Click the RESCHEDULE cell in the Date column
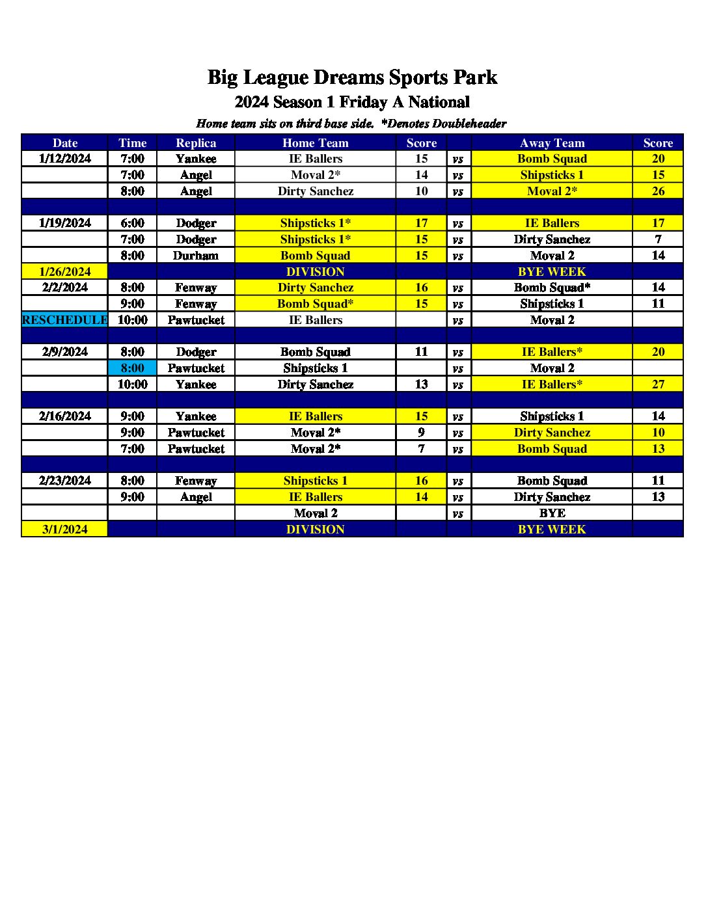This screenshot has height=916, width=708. [64, 320]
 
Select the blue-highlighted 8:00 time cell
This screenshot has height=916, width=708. [132, 368]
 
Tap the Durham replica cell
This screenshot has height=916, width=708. [196, 256]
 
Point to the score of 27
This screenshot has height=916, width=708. [658, 384]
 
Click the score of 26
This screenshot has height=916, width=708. [658, 191]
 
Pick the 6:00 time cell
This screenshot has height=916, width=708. [132, 223]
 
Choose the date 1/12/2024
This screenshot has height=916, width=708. [64, 159]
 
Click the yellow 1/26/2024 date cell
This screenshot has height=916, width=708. [64, 272]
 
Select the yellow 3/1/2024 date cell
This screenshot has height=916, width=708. [64, 530]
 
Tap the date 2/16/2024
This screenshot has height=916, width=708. [64, 416]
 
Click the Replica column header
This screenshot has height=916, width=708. [196, 143]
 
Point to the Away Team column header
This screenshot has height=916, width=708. [552, 143]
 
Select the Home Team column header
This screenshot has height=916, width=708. [315, 143]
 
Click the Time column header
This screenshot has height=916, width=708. [132, 143]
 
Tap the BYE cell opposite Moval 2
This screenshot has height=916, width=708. [552, 513]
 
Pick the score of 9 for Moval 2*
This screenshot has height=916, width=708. [421, 433]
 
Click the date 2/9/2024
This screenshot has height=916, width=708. [64, 352]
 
